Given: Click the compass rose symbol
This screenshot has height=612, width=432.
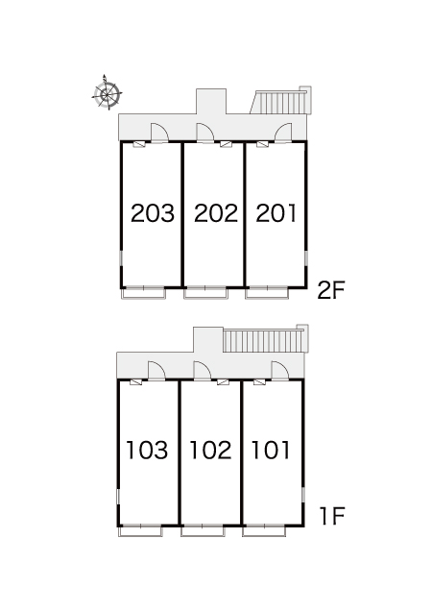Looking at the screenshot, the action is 107,93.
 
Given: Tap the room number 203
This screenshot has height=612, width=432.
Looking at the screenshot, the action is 153,213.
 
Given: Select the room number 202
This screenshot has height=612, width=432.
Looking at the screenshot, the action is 216,213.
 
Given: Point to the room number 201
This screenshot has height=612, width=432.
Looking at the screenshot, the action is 276,213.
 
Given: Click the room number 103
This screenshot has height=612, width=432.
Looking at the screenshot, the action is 147,450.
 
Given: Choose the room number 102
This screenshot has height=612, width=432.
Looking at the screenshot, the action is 210,450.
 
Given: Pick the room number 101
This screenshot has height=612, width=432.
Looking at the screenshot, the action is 271,450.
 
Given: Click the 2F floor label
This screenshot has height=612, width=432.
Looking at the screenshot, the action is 331,290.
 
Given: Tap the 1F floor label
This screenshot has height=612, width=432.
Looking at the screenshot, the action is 332,516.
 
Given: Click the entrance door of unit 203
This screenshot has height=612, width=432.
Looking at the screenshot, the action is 159,133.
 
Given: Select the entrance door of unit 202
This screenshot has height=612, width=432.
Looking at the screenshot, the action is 205,133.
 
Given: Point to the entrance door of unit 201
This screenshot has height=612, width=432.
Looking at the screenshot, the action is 282,133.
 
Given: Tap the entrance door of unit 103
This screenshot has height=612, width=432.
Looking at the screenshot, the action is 156,371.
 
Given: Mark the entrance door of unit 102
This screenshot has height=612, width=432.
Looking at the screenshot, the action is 202,371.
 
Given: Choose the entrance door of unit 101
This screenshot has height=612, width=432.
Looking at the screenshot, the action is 280,371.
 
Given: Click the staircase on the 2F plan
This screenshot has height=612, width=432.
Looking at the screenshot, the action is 280,101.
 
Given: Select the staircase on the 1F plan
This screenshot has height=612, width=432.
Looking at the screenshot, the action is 266,339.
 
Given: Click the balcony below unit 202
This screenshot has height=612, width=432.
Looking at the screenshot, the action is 205,293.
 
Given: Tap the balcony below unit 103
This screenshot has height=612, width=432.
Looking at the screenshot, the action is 140,530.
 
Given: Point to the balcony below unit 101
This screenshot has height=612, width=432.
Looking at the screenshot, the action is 264,530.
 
